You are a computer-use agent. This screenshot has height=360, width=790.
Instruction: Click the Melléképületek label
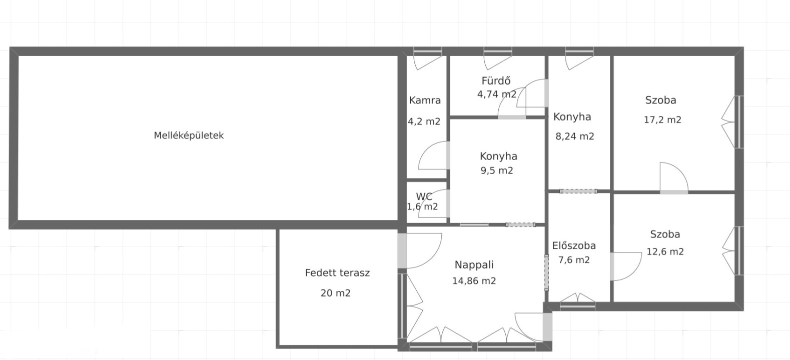189,135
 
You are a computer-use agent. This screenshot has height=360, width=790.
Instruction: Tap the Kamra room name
425,100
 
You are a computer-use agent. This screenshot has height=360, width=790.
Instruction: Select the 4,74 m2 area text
497,94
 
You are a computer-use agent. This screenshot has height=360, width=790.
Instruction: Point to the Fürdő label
496,80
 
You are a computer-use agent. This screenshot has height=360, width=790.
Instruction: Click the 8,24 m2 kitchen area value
575,136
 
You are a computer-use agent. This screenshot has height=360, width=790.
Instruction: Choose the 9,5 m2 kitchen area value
497,170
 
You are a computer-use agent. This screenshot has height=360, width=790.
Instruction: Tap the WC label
424,196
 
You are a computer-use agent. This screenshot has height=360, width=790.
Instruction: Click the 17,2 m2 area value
662,120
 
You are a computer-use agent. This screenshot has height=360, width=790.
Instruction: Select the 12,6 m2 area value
665,252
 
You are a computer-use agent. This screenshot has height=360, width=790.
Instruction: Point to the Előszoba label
574,246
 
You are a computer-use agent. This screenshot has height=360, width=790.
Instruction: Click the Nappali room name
474,265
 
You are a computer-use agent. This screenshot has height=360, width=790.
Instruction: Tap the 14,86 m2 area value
474,281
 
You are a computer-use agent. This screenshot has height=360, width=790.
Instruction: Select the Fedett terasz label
338,273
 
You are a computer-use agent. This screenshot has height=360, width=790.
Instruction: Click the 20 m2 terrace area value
335,293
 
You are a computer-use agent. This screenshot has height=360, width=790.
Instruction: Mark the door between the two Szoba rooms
674,178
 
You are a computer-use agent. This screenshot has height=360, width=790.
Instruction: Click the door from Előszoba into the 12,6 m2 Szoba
626,266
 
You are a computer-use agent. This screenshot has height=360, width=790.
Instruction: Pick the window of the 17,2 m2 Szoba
739,122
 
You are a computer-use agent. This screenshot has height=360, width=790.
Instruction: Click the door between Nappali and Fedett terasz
402,250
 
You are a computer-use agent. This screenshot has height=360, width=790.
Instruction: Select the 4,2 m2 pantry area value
424,121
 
